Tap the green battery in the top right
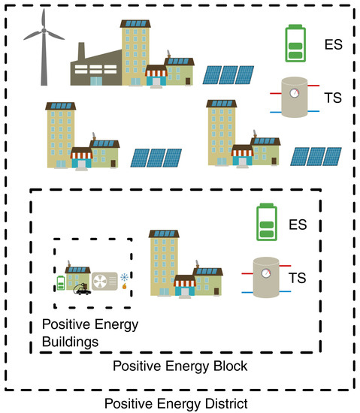pyautogui.click(x=295, y=44)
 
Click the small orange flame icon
pyautogui.click(x=123, y=289)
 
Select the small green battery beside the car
pyautogui.click(x=61, y=283)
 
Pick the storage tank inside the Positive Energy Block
pyautogui.click(x=267, y=279)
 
